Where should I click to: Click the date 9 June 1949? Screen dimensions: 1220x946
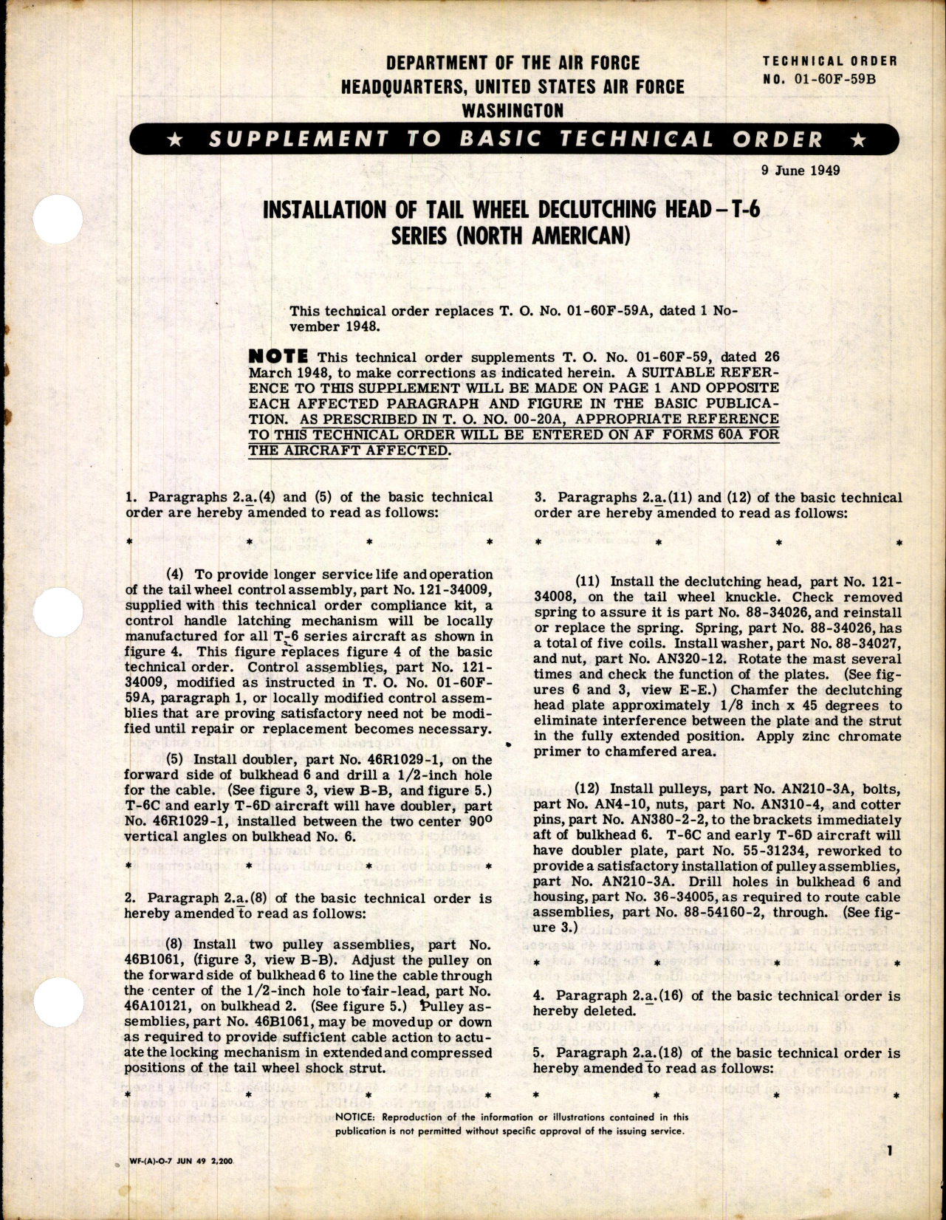[x=800, y=171]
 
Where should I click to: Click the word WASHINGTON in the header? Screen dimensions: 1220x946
[x=512, y=111]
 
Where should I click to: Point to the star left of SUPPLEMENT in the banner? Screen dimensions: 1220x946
[x=176, y=140]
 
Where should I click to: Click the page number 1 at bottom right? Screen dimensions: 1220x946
[x=891, y=1171]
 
